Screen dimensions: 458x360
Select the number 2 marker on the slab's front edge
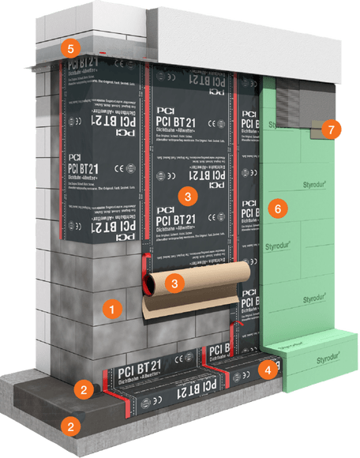(71, 427)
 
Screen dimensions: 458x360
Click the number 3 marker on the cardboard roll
(178, 281)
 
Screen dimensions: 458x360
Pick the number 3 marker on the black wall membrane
(186, 193)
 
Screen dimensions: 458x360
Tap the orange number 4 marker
(268, 369)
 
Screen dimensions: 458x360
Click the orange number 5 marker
(71, 48)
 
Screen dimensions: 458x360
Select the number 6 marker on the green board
(274, 209)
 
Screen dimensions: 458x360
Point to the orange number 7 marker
(333, 128)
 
